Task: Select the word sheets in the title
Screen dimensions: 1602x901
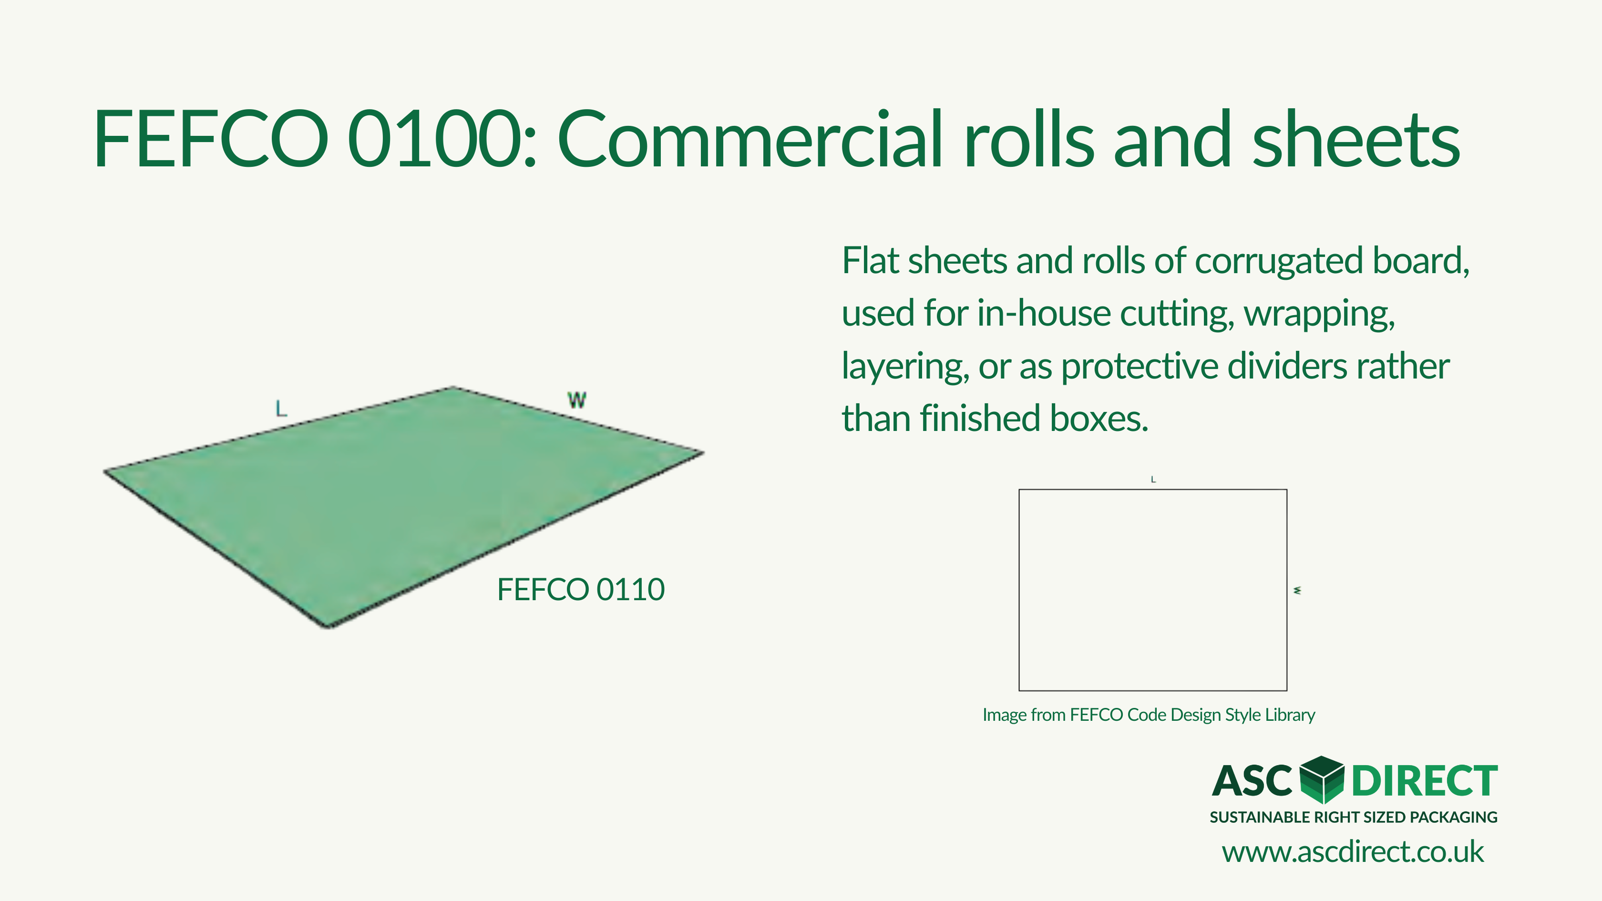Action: [x=1356, y=138]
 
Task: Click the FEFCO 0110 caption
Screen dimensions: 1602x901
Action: [x=581, y=590]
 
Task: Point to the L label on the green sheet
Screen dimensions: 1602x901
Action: [x=281, y=409]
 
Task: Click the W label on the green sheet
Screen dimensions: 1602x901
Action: [x=576, y=400]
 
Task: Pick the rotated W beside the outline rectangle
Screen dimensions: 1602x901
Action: [x=1297, y=590]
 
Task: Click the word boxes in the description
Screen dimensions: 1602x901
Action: [x=1099, y=418]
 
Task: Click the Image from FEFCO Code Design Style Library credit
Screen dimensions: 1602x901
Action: [x=1149, y=715]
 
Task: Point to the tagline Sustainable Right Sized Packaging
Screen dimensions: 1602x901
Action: [x=1354, y=817]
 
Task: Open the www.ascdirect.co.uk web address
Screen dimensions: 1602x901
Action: [x=1353, y=852]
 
